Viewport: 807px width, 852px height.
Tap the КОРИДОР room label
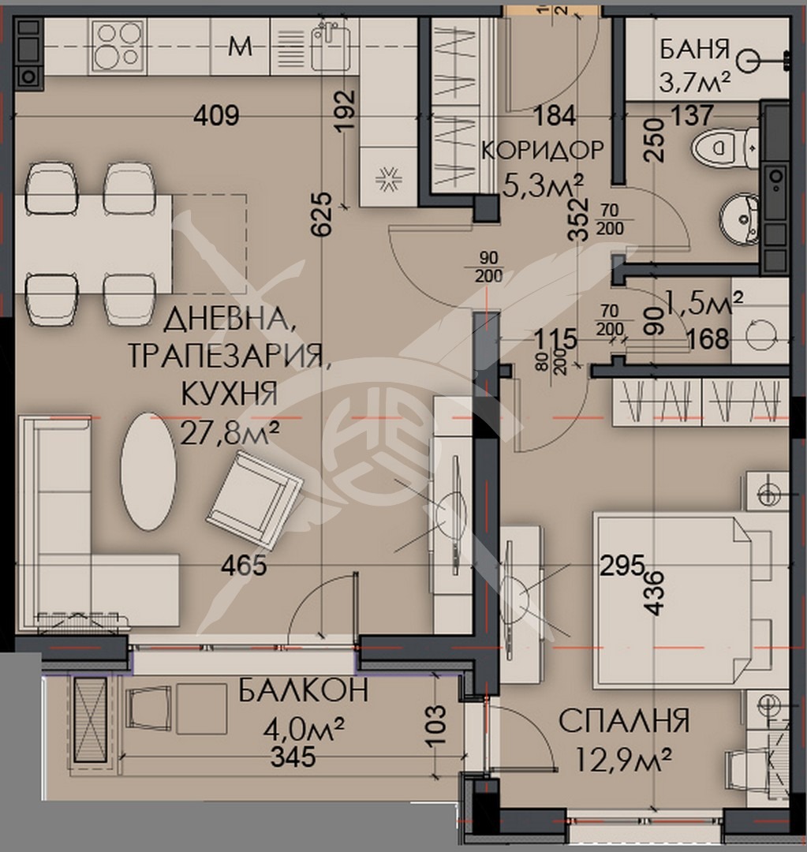542,149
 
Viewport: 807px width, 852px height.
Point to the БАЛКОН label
304,691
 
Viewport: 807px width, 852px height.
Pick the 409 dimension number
217,117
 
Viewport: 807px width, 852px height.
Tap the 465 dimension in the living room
244,565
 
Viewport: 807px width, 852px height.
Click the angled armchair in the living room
254,499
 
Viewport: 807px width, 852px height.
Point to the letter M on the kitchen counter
240,47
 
